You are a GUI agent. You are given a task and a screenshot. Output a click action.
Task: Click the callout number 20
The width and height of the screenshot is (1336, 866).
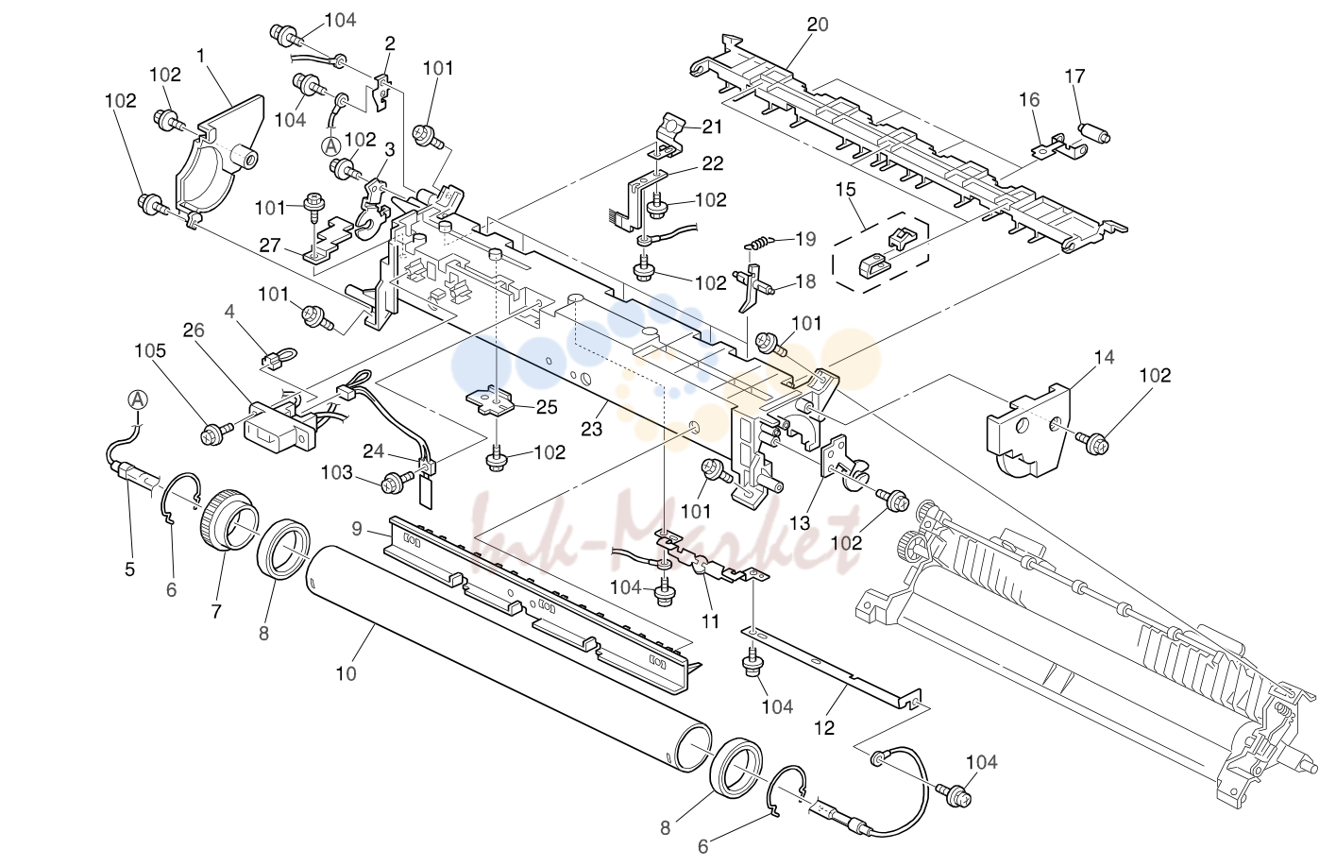[818, 25]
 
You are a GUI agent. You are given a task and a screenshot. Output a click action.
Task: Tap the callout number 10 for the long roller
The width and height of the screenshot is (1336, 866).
[346, 673]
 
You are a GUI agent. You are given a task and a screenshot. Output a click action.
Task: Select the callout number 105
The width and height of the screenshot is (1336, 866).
[150, 350]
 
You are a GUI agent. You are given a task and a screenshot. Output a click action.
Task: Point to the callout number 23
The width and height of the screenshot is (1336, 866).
[592, 429]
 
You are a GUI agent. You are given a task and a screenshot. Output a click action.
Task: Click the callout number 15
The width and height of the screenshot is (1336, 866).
[846, 189]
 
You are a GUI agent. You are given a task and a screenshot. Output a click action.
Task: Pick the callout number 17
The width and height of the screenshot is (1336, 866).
[1074, 76]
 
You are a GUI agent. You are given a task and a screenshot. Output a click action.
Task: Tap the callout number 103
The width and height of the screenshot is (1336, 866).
[337, 473]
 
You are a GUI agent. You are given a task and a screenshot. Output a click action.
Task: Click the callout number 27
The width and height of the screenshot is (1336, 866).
[270, 245]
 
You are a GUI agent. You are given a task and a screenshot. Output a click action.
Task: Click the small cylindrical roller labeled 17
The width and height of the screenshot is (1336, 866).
[1094, 133]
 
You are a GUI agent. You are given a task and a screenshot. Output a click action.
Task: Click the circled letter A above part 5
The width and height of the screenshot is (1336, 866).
[139, 399]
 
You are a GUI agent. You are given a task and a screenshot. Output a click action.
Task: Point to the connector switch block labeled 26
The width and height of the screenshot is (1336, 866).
[279, 425]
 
